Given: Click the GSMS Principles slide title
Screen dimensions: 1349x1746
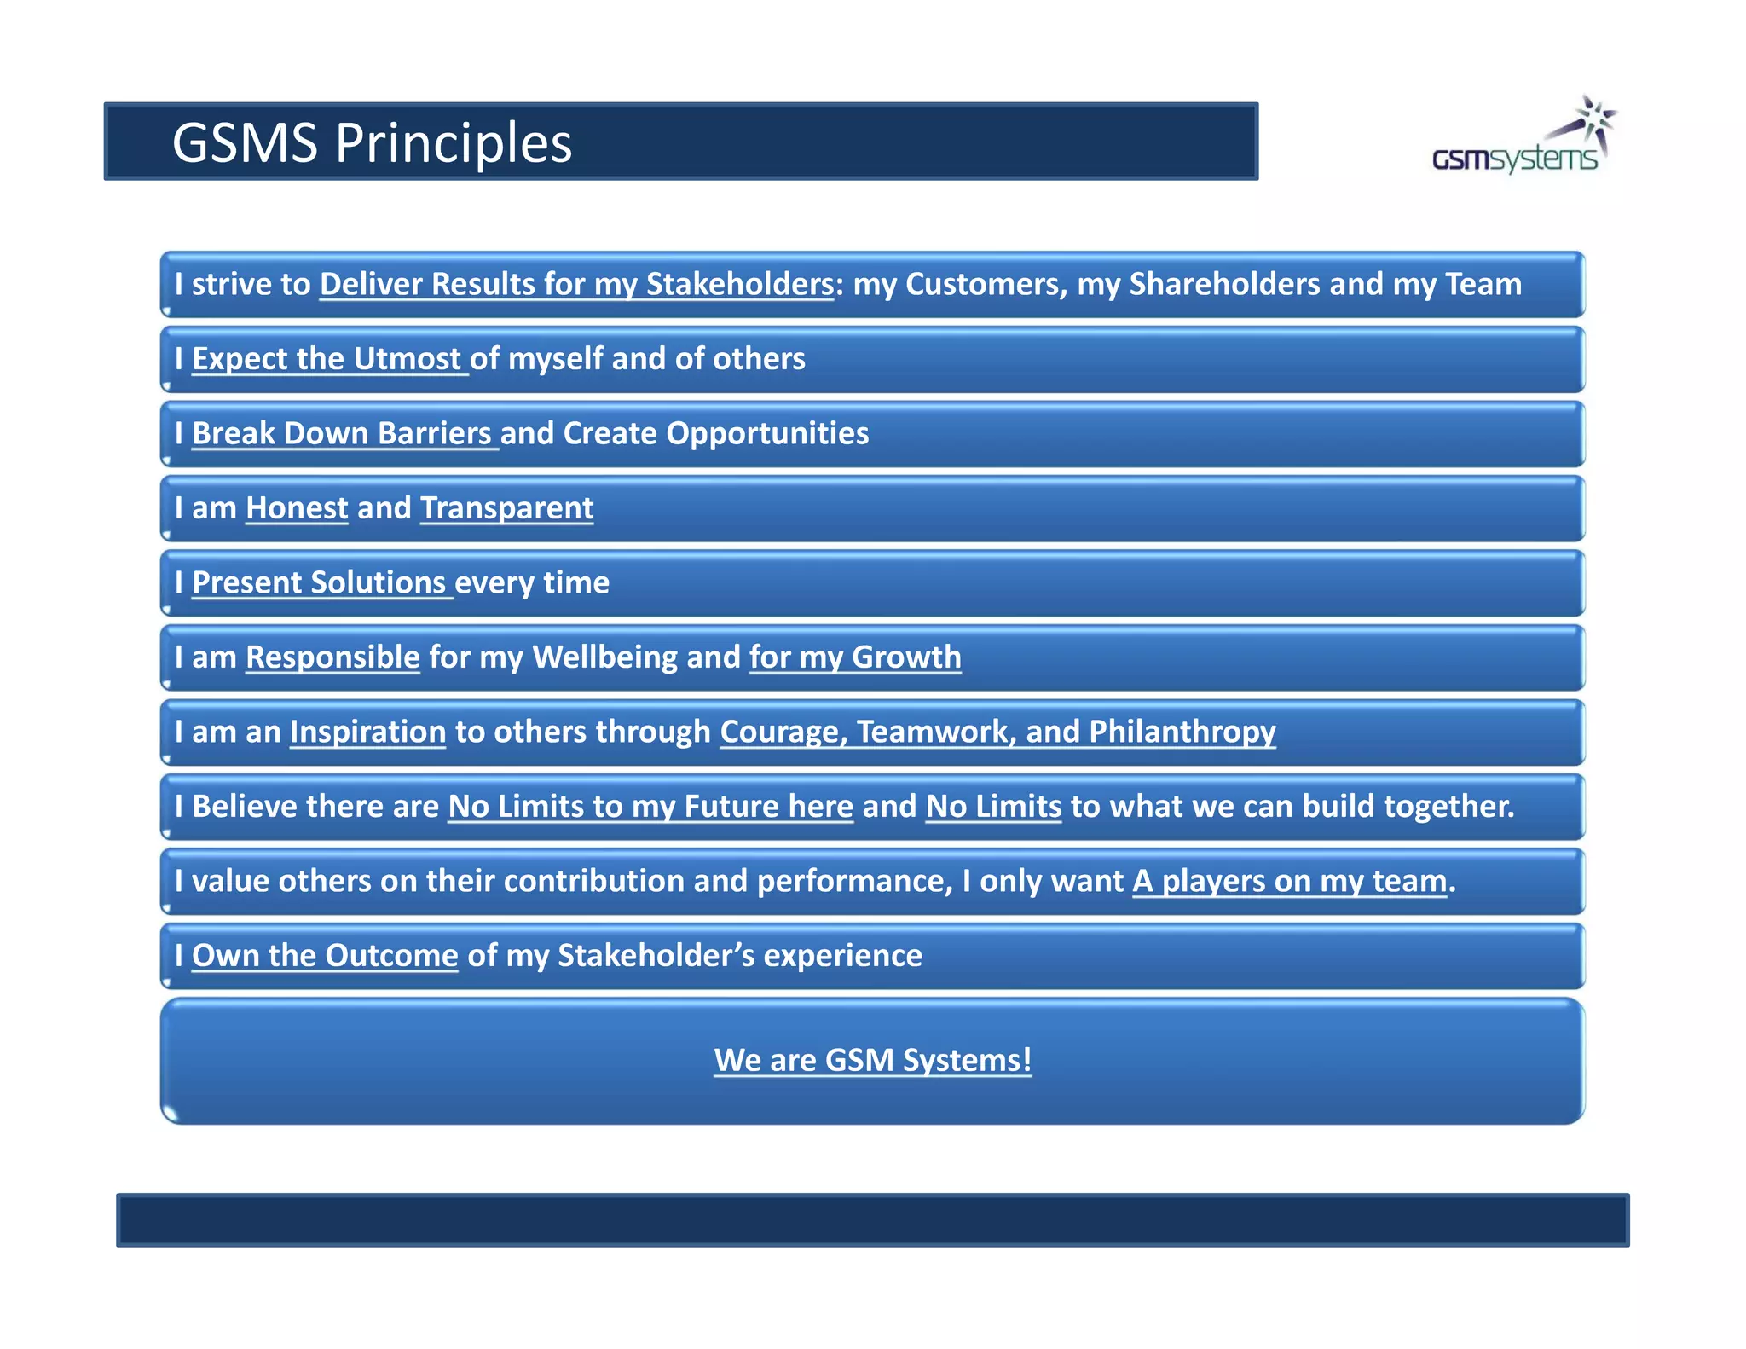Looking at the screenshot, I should (372, 142).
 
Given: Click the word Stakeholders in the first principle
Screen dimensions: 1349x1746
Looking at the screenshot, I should (739, 284).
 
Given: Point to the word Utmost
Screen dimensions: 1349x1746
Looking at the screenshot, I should (407, 359).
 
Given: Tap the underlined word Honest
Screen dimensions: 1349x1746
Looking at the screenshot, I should (297, 508).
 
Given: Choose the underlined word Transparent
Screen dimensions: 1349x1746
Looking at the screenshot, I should (506, 508).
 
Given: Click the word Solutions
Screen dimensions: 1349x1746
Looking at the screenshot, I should (378, 582).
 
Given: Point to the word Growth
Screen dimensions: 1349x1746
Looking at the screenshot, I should (906, 657).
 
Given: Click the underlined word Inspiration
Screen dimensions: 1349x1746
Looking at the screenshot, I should (367, 732).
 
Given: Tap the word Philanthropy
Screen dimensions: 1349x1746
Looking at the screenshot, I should (1182, 732).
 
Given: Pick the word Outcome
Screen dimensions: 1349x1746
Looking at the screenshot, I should (391, 956).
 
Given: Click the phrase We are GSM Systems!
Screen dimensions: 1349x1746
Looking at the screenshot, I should (872, 1060).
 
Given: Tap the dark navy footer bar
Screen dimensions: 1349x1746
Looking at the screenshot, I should (872, 1219).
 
